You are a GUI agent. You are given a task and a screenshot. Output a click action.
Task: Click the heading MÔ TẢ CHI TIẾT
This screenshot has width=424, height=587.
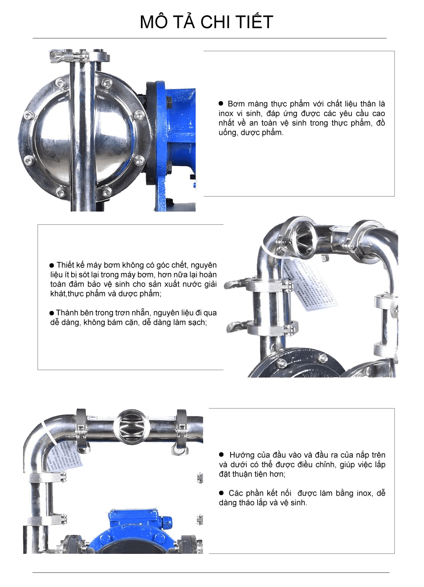pos(206,22)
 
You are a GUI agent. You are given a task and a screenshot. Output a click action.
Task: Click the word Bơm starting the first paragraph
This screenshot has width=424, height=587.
pos(236,104)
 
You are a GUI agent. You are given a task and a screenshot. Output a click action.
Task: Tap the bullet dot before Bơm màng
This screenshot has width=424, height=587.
pos(221,103)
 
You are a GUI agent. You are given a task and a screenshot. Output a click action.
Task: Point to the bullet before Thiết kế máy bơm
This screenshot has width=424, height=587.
pos(52,265)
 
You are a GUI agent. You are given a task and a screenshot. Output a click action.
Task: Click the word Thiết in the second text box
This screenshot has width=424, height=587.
pos(65,265)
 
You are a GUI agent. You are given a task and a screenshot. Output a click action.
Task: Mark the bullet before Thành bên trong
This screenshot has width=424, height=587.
pos(52,313)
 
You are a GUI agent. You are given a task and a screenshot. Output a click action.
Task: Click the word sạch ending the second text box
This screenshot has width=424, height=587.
pos(196,322)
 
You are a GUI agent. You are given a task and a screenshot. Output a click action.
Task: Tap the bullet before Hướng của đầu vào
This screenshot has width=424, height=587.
pos(221,454)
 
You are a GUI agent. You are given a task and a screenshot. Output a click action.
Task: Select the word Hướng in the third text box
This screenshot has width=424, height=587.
pos(242,455)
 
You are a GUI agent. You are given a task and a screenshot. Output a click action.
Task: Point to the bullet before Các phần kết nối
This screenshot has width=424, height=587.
pos(221,493)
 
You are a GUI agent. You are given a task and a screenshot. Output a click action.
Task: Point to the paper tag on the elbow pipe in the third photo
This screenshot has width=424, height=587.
pos(66,455)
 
